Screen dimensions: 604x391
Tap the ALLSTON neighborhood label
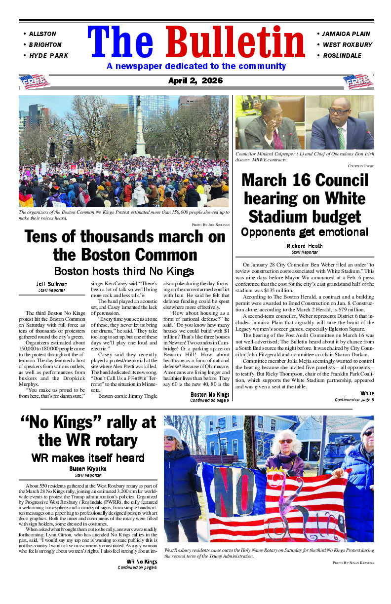tap(42, 34)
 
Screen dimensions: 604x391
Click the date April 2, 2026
tap(195, 81)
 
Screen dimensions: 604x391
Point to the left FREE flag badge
tap(35, 81)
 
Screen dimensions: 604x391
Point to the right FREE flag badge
tap(358, 81)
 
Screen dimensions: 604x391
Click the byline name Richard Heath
tap(305, 246)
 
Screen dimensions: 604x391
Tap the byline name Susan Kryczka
tap(88, 468)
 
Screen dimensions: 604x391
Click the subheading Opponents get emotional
tap(305, 232)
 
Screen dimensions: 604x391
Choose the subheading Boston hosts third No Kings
tap(123, 271)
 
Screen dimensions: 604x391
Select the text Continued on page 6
tap(137, 567)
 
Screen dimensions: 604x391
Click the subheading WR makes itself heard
tap(88, 457)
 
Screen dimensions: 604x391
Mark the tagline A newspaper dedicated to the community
tap(196, 66)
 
